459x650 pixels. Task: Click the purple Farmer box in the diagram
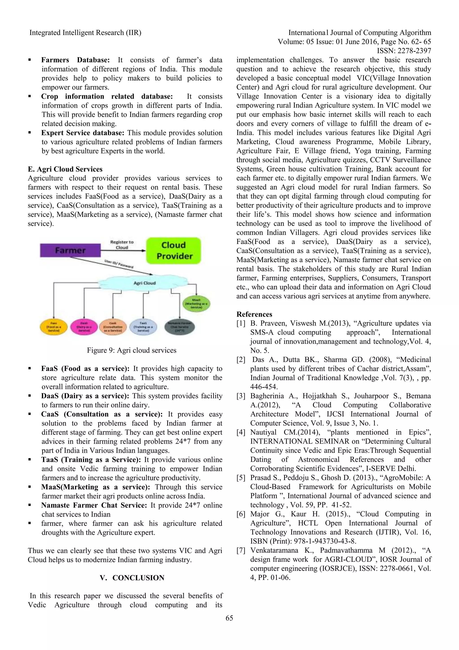[70, 250]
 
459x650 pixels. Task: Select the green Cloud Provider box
[173, 250]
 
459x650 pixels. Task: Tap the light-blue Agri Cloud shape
[144, 283]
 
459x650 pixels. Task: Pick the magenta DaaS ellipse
[84, 327]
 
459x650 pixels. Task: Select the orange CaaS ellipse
[113, 327]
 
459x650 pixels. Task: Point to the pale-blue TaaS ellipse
[143, 327]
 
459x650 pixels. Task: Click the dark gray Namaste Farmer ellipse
[180, 327]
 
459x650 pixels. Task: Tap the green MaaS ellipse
[196, 303]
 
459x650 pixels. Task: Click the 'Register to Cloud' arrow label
[122, 245]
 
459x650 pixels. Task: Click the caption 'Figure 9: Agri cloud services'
[131, 350]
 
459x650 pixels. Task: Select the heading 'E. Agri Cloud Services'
[65, 169]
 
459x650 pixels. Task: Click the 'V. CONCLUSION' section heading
[132, 578]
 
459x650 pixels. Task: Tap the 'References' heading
[254, 314]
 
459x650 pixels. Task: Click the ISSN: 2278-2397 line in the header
[404, 51]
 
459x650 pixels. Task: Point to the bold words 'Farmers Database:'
[75, 60]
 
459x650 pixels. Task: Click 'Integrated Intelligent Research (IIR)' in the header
[85, 33]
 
